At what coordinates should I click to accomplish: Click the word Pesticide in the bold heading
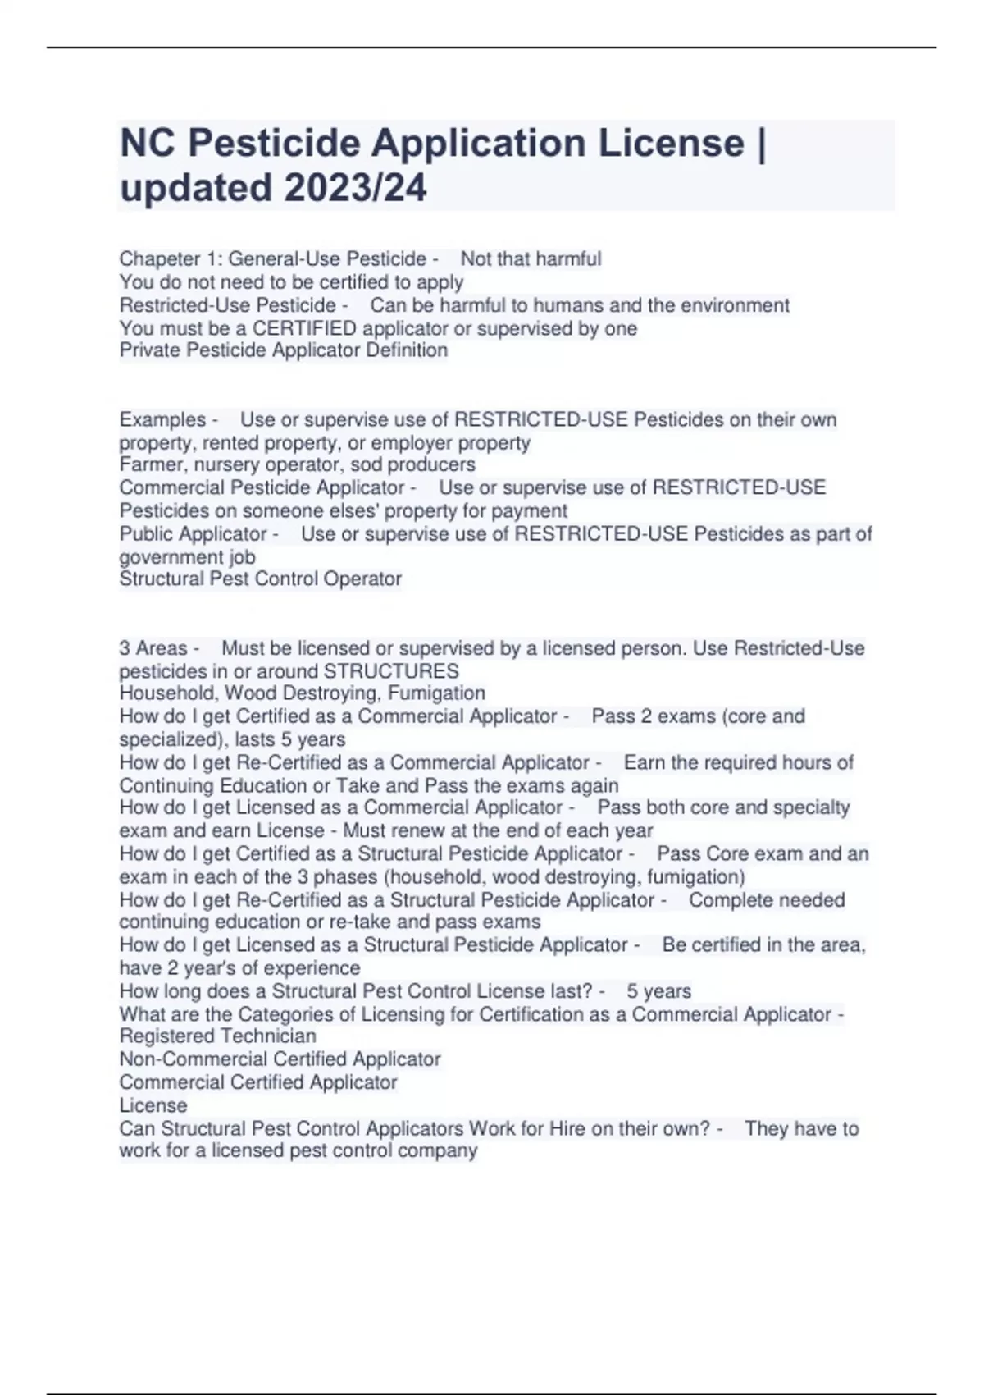(274, 144)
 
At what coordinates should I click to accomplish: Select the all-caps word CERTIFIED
(304, 328)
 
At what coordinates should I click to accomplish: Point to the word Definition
(407, 350)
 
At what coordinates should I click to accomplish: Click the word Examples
(162, 419)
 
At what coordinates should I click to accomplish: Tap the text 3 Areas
(153, 648)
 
